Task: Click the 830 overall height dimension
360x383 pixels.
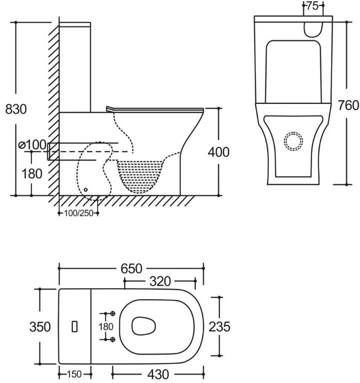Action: (16, 109)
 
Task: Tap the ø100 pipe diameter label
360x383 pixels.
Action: (32, 145)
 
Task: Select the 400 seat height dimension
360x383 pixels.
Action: (219, 152)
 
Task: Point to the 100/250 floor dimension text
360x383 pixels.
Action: (79, 213)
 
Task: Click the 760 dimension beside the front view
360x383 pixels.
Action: (349, 105)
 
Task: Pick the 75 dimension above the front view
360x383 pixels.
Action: (313, 6)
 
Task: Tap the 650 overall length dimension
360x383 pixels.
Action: (131, 269)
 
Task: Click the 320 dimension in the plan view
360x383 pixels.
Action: (160, 282)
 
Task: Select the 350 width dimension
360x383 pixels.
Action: (40, 327)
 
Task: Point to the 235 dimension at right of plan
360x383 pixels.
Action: (219, 327)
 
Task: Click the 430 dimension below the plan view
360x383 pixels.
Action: (158, 374)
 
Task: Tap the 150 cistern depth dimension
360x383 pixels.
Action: (74, 374)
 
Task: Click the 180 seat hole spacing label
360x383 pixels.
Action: (106, 327)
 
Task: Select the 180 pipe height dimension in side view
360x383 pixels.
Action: (32, 174)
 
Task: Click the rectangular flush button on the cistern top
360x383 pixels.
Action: (75, 327)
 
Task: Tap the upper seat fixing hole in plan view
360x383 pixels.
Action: (113, 314)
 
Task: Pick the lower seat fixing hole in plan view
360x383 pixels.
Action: (113, 339)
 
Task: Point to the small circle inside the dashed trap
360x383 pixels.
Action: (85, 190)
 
